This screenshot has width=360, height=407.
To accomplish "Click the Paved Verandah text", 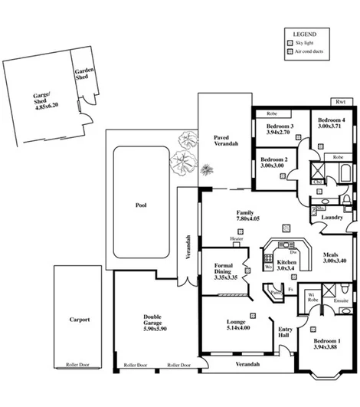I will [x=226, y=139].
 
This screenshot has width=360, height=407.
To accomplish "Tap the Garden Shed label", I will [x=84, y=74].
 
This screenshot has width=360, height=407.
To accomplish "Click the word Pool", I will [x=139, y=205].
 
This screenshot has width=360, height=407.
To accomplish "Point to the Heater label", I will [x=239, y=239].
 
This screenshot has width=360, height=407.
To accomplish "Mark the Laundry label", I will [x=332, y=217].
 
